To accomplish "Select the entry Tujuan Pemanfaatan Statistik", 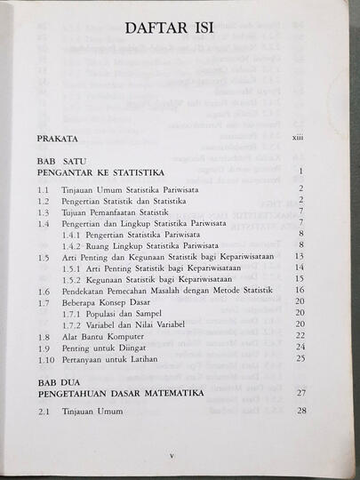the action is [116, 212].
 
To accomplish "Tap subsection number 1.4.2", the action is [75, 244].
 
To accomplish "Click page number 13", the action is [300, 256].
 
